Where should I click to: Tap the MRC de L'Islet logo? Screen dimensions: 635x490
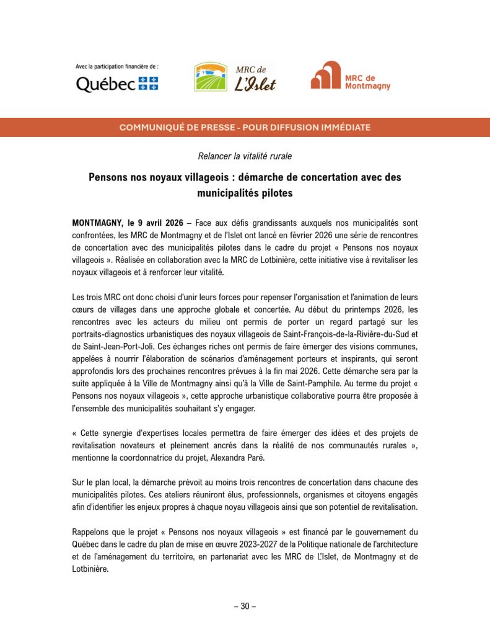click(x=235, y=77)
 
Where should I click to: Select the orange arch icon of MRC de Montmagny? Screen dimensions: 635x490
click(x=325, y=76)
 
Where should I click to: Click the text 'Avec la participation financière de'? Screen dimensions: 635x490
click(x=116, y=66)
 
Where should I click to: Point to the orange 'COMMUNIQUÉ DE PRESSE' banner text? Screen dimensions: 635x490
click(x=245, y=127)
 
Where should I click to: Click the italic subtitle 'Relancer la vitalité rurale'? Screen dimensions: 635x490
click(x=245, y=156)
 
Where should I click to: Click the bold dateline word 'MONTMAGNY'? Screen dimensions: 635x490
click(x=98, y=221)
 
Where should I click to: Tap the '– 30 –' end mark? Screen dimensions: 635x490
click(x=245, y=606)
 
